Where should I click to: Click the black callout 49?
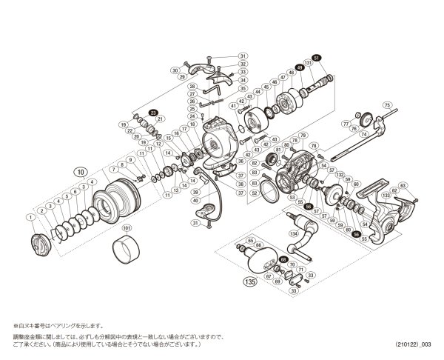(x=299, y=69)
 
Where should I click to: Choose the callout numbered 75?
(x=386, y=106)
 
